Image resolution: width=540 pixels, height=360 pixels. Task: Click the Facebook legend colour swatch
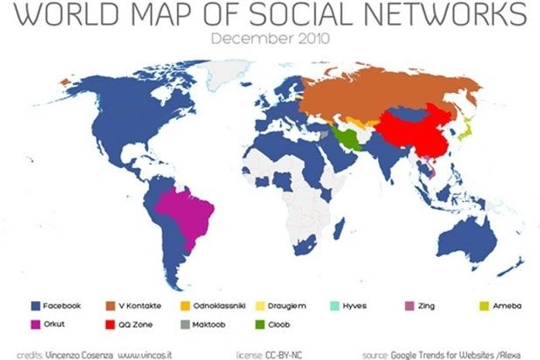pos(34,307)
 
